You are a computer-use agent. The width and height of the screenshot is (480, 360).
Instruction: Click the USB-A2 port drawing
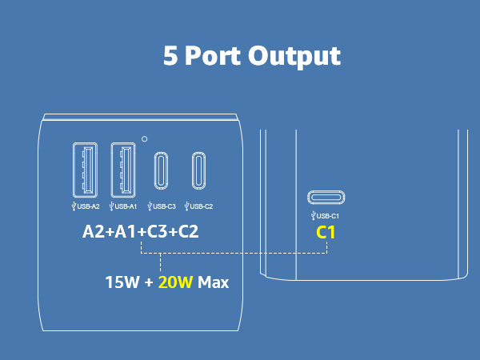pyautogui.click(x=85, y=170)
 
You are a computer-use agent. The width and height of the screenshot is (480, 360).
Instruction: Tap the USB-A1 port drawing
pyautogui.click(x=123, y=170)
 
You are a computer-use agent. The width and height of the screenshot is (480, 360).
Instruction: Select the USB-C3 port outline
pyautogui.click(x=161, y=170)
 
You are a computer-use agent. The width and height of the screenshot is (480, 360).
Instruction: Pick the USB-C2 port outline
pyautogui.click(x=198, y=170)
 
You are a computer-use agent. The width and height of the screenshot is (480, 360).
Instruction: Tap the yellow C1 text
pyautogui.click(x=326, y=232)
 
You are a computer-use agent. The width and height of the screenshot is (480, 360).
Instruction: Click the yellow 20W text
pyautogui.click(x=175, y=282)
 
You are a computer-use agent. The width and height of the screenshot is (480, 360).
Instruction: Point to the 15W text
pyautogui.click(x=122, y=282)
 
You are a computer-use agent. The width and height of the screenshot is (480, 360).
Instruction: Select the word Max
pyautogui.click(x=214, y=282)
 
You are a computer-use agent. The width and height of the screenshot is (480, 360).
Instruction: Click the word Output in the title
pyautogui.click(x=294, y=56)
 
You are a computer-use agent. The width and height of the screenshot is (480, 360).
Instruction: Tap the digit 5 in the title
pyautogui.click(x=170, y=56)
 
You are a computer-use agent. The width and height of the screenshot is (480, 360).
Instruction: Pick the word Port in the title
pyautogui.click(x=213, y=56)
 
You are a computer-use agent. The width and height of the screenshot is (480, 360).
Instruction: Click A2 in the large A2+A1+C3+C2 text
pyautogui.click(x=94, y=231)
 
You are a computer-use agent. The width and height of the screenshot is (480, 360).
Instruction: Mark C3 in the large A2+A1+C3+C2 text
pyautogui.click(x=157, y=231)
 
